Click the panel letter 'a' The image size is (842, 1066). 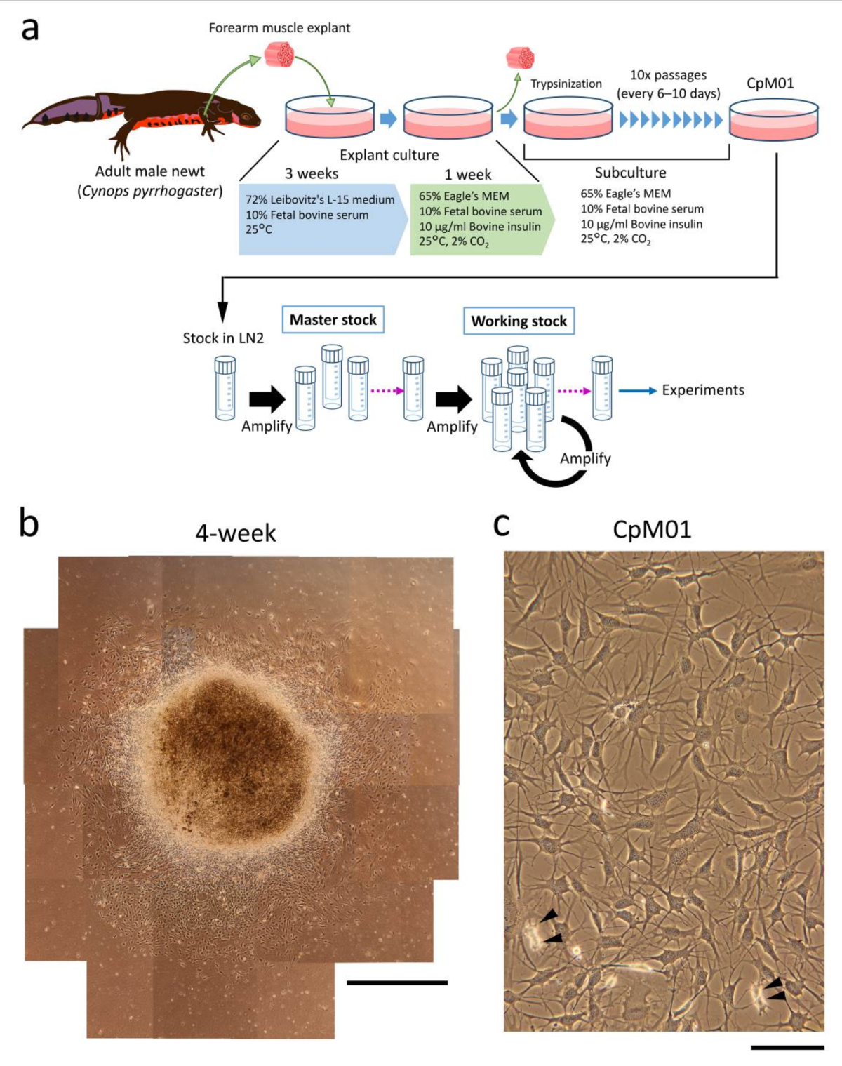tap(29, 29)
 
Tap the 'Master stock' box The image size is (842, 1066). tap(333, 320)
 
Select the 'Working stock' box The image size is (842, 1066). tap(519, 321)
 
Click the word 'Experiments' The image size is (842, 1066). tap(702, 390)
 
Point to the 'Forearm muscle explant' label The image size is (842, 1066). tap(279, 28)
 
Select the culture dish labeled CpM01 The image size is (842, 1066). tap(773, 119)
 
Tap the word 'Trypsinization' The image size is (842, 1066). tap(566, 84)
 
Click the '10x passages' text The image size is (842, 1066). tap(668, 75)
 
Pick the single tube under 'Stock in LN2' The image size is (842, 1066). tap(225, 388)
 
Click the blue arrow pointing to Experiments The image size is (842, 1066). tap(637, 391)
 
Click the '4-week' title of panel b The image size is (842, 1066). tap(236, 533)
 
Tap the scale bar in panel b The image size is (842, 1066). tap(397, 982)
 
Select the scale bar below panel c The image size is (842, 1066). tap(787, 1047)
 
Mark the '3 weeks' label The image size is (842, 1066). tap(312, 173)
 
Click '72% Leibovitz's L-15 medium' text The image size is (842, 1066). tap(320, 200)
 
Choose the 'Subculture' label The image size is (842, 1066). tap(630, 173)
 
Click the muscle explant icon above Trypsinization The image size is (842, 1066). tap(520, 58)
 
